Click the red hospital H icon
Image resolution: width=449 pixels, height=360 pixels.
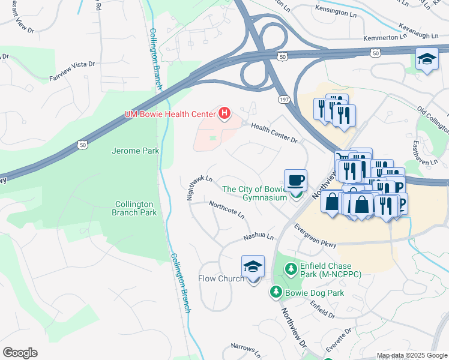tap(225, 113)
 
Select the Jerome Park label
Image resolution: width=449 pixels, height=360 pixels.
tap(135, 151)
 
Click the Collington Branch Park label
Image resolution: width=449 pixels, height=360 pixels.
tap(136, 208)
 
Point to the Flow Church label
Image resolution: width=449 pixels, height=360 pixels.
tap(221, 278)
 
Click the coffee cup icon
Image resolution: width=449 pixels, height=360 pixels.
tap(295, 180)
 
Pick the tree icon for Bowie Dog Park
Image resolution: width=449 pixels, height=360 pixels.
tap(276, 292)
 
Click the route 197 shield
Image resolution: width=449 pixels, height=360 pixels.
tap(283, 98)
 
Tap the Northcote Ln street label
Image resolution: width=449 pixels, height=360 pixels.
tap(226, 210)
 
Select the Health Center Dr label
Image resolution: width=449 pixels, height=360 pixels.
tap(274, 133)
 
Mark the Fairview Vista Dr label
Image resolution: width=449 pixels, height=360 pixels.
tap(72, 70)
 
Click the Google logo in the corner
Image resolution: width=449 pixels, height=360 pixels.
tap(20, 352)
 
